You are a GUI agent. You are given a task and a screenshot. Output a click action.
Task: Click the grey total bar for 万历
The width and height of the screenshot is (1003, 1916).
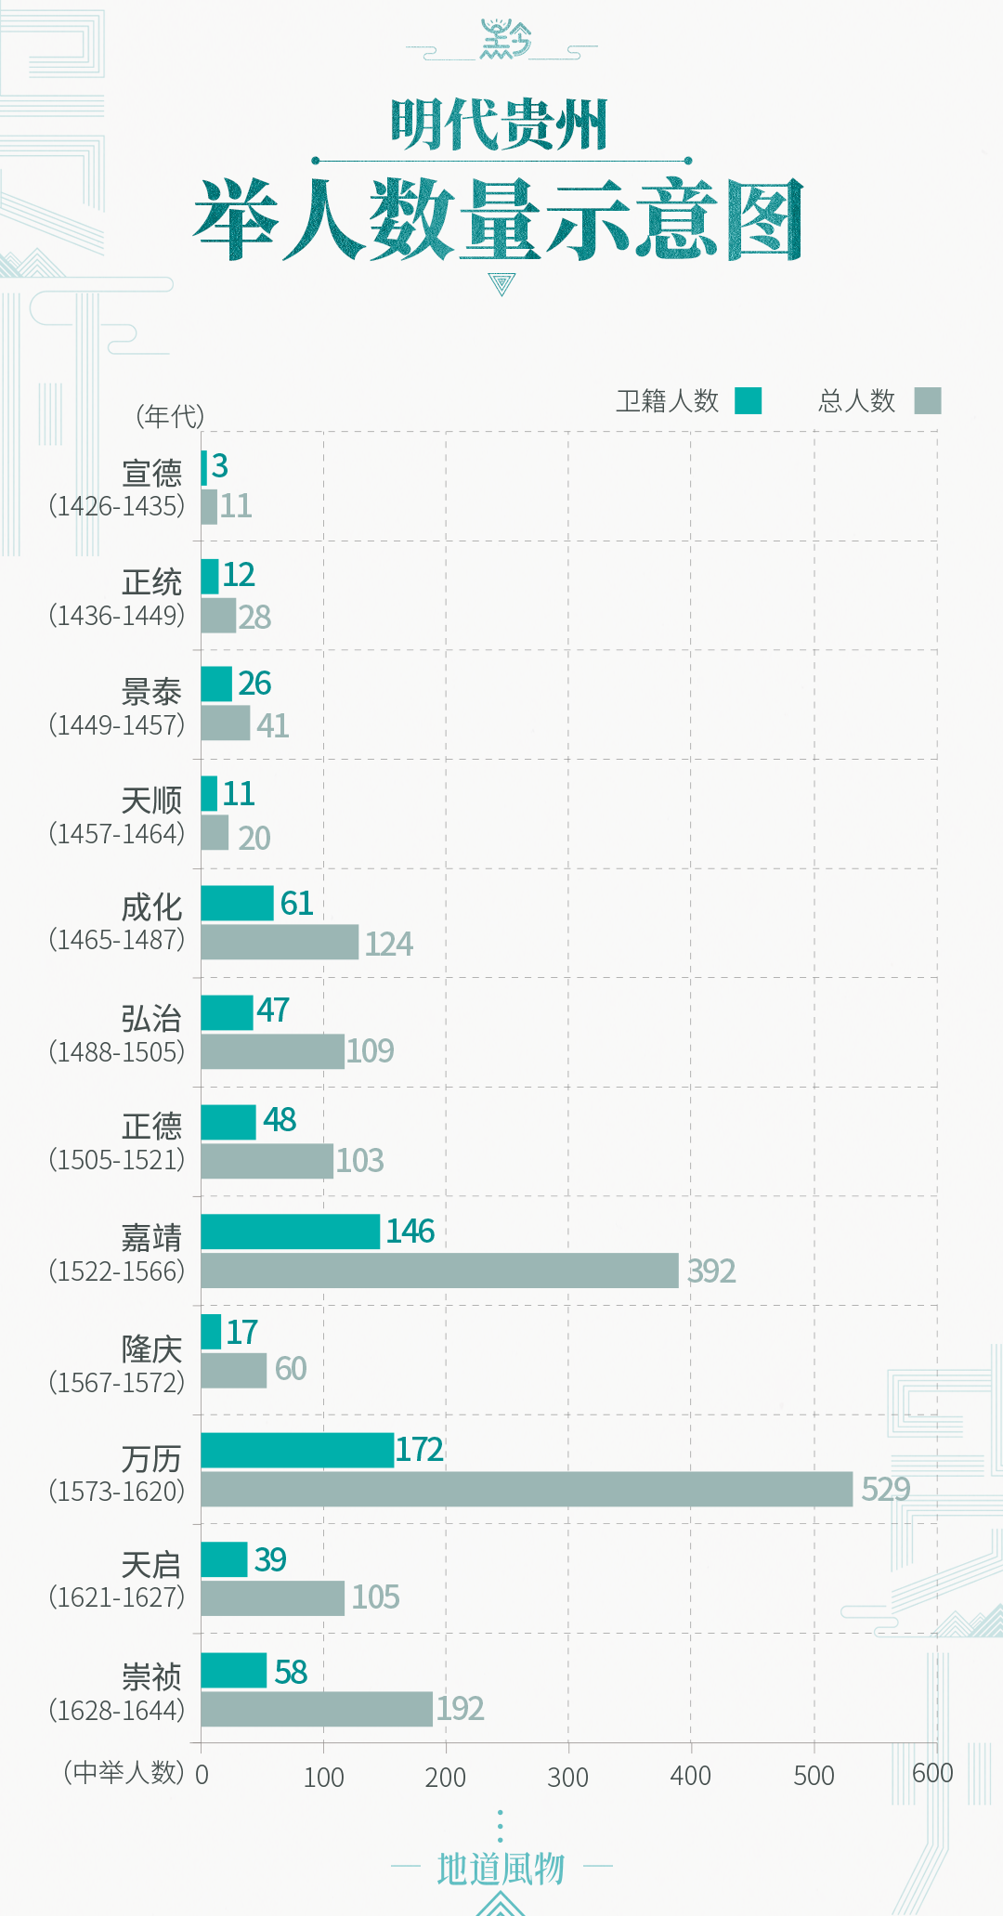click(x=527, y=1489)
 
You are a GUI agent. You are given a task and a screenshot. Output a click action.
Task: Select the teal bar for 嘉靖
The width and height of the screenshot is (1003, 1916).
click(x=291, y=1232)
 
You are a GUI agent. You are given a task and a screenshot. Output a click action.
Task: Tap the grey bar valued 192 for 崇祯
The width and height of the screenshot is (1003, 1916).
click(x=317, y=1709)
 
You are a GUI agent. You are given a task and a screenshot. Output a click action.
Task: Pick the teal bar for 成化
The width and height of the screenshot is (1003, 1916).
click(x=238, y=903)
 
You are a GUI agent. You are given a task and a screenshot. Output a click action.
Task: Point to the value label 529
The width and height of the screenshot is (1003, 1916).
click(x=885, y=1490)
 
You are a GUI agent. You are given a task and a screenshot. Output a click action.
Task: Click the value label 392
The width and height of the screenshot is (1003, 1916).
click(x=711, y=1271)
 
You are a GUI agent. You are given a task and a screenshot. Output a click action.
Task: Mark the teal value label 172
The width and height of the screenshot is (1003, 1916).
click(x=420, y=1450)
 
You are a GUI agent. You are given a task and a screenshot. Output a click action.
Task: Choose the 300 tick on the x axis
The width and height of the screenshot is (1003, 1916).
click(x=567, y=1777)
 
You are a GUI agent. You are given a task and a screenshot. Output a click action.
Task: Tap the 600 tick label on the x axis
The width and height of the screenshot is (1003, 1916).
click(x=932, y=1773)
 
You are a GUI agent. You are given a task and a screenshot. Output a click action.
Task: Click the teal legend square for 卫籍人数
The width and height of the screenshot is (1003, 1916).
click(x=749, y=400)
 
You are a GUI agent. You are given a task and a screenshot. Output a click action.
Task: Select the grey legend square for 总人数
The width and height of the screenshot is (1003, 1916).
click(x=928, y=400)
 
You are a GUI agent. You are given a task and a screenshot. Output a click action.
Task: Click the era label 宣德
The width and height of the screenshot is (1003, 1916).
click(x=152, y=474)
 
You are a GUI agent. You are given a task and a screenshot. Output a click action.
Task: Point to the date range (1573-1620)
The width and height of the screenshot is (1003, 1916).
click(x=117, y=1492)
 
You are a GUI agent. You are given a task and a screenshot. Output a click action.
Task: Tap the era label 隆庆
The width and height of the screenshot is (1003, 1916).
click(x=152, y=1349)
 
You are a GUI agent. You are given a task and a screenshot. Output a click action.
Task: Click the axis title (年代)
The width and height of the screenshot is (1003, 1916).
click(x=170, y=416)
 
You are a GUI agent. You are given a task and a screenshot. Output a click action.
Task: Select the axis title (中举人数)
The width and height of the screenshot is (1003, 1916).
click(x=124, y=1772)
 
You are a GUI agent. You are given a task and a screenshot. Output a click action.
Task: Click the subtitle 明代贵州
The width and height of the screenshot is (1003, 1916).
click(x=500, y=125)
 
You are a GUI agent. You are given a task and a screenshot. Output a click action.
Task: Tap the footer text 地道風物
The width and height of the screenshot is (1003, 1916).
click(x=501, y=1869)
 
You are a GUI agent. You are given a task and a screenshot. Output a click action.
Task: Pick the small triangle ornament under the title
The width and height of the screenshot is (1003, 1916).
click(x=501, y=283)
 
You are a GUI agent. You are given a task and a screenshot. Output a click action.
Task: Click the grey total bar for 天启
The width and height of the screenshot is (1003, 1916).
click(x=273, y=1598)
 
